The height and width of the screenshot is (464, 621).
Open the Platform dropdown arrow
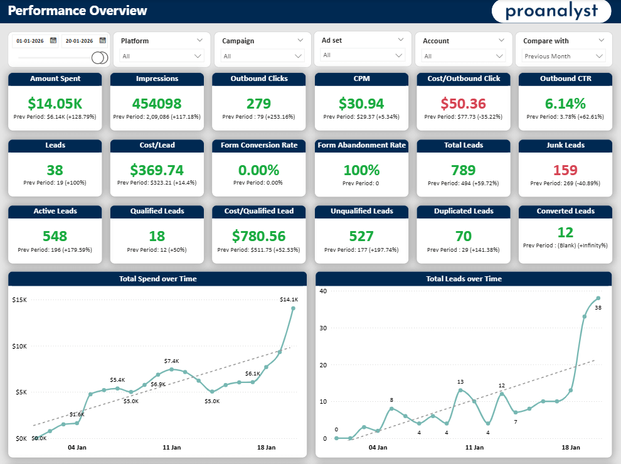[x=199, y=40]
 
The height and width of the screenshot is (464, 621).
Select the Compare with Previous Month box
[x=563, y=57]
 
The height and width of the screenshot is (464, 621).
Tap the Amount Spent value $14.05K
[x=55, y=104]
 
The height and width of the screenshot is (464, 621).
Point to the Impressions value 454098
[x=157, y=104]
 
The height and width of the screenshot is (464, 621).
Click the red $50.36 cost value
[x=463, y=104]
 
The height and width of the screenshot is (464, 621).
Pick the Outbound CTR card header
[x=565, y=79]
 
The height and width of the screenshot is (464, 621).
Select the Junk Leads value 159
[x=565, y=170]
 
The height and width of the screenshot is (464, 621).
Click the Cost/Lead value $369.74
[x=157, y=170]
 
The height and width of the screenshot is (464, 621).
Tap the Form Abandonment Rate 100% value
[x=361, y=170]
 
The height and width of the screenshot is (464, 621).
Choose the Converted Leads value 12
[x=565, y=232]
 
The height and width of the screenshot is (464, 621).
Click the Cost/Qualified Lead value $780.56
[x=259, y=236]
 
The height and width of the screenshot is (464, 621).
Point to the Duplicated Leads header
[x=463, y=211]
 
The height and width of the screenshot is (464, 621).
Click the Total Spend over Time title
[x=157, y=279]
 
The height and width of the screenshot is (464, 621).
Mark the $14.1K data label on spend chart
[x=289, y=299]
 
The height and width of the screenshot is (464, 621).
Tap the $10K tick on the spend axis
[x=20, y=346]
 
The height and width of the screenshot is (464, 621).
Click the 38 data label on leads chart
[x=598, y=308]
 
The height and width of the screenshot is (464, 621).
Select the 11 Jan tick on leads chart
[x=474, y=448]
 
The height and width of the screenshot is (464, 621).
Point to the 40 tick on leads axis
[x=323, y=291]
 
